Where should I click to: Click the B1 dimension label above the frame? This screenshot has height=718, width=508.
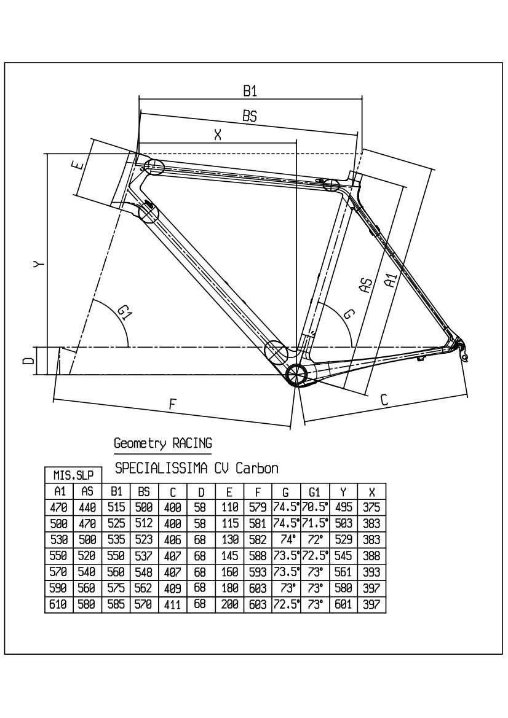pyautogui.click(x=249, y=91)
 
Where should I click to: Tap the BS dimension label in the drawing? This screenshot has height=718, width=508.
pyautogui.click(x=249, y=115)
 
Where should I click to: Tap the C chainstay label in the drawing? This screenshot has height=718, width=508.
pyautogui.click(x=384, y=400)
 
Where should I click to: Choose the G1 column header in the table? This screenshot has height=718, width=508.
pyautogui.click(x=315, y=492)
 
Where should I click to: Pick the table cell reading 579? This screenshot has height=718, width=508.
pyautogui.click(x=258, y=508)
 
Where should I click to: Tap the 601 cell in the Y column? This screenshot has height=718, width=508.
pyautogui.click(x=343, y=604)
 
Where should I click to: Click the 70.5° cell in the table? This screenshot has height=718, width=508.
pyautogui.click(x=315, y=508)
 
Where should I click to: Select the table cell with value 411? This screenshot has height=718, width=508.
pyautogui.click(x=173, y=604)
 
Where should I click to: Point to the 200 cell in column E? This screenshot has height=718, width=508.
pyautogui.click(x=229, y=604)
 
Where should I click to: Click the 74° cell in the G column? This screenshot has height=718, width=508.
pyautogui.click(x=286, y=540)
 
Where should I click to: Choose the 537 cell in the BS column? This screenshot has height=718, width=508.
pyautogui.click(x=145, y=556)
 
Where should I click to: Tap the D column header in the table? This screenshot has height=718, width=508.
pyautogui.click(x=201, y=492)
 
